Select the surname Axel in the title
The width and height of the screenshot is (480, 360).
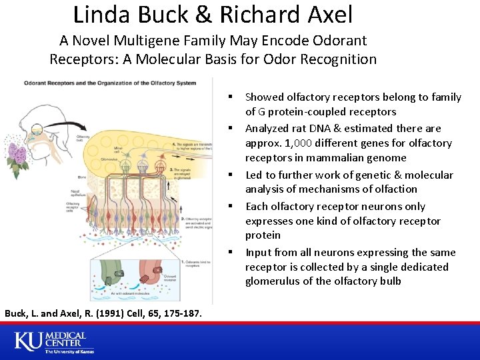[x=327, y=14]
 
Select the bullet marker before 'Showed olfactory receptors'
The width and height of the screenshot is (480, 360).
[x=235, y=97]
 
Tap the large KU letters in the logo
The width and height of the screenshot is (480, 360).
[x=27, y=341]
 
